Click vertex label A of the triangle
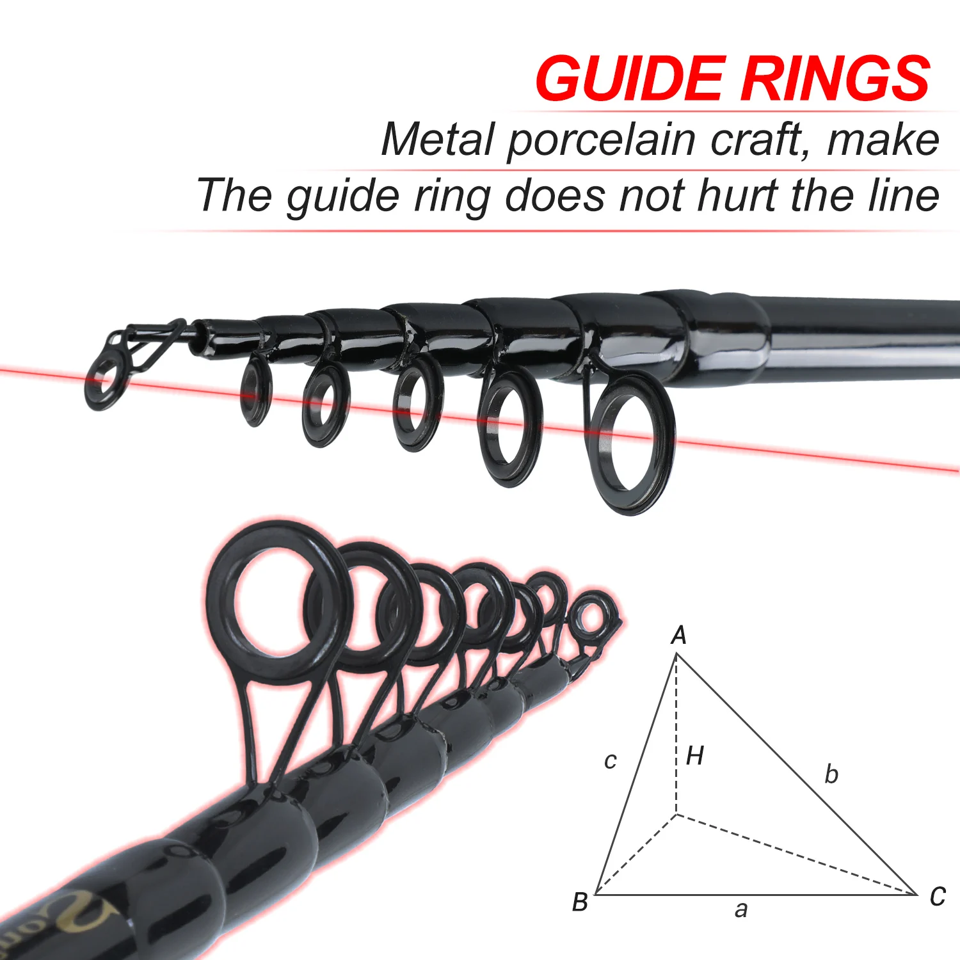coord(678,636)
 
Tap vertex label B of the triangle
coord(580,902)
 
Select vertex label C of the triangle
coord(938,897)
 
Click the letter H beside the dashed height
coord(694,756)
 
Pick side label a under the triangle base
coord(740,909)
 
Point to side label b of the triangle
coord(831,774)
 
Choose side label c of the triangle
coord(610,760)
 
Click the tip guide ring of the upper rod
coord(103,381)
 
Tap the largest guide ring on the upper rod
coord(632,444)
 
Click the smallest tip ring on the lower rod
coord(592,618)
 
